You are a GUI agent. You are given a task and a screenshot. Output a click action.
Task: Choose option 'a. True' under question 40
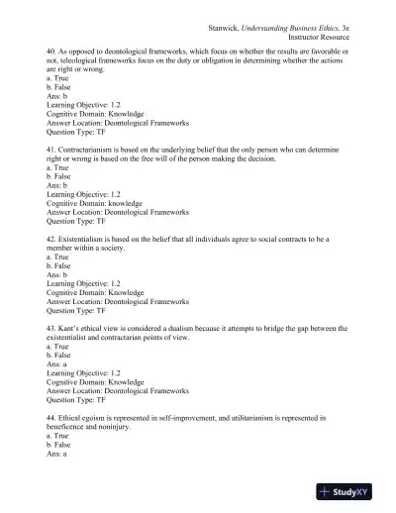[61, 80]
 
